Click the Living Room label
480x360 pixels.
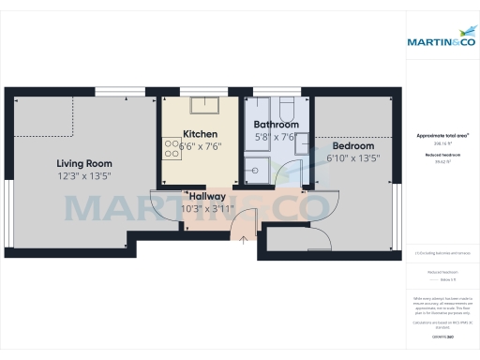tap(84, 162)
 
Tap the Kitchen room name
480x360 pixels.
tap(200, 133)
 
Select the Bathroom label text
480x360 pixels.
tap(277, 125)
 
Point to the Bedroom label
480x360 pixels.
tap(352, 146)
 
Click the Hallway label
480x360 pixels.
tap(207, 195)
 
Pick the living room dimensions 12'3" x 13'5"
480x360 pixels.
tap(84, 175)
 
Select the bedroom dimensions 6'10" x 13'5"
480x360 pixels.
tap(352, 158)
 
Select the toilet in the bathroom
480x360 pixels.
tap(285, 105)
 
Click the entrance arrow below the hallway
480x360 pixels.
tap(244, 240)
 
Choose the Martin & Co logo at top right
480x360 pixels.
tap(440, 41)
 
